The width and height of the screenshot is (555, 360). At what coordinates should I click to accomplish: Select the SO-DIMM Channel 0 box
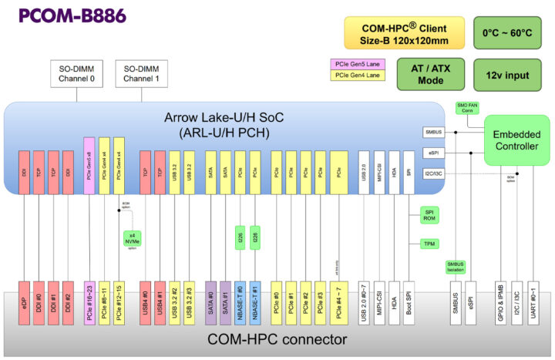pyautogui.click(x=77, y=74)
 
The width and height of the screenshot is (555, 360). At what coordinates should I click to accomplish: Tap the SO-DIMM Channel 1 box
pyautogui.click(x=142, y=74)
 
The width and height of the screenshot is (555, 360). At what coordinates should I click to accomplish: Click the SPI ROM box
pyautogui.click(x=429, y=215)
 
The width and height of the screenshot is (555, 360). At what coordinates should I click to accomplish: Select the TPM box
pyautogui.click(x=429, y=243)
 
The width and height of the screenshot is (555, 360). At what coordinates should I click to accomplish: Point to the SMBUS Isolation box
pyautogui.click(x=456, y=267)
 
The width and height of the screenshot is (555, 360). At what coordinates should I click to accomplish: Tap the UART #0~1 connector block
pyautogui.click(x=534, y=303)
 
